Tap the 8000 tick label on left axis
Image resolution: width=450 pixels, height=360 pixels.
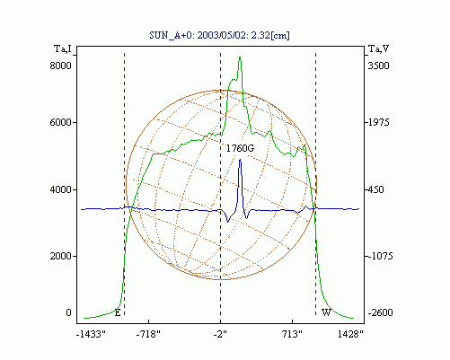click(60, 66)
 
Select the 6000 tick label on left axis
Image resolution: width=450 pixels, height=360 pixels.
click(60, 122)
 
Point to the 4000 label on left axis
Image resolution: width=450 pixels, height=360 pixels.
click(60, 189)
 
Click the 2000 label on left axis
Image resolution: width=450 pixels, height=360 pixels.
click(60, 256)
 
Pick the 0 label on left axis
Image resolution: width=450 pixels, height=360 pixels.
click(68, 312)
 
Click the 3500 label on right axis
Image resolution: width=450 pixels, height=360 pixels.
click(378, 66)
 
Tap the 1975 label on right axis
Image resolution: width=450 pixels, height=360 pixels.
click(378, 122)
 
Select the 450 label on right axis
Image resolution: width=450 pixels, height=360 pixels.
click(375, 189)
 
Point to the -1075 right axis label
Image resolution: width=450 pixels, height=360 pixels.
click(380, 256)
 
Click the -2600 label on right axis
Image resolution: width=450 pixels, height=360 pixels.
click(380, 312)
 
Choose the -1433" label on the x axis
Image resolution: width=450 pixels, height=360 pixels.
click(91, 334)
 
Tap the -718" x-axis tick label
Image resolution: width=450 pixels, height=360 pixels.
click(148, 334)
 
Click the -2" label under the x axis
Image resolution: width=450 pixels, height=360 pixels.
click(220, 334)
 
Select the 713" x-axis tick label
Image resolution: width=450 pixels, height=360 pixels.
click(293, 334)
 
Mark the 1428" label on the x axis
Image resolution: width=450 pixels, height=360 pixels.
click(350, 334)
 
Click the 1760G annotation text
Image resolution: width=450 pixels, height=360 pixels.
click(240, 148)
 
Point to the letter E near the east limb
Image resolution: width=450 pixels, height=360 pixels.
click(118, 313)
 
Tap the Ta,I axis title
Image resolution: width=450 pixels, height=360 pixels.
click(63, 48)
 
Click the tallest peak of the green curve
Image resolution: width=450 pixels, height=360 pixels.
click(240, 57)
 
